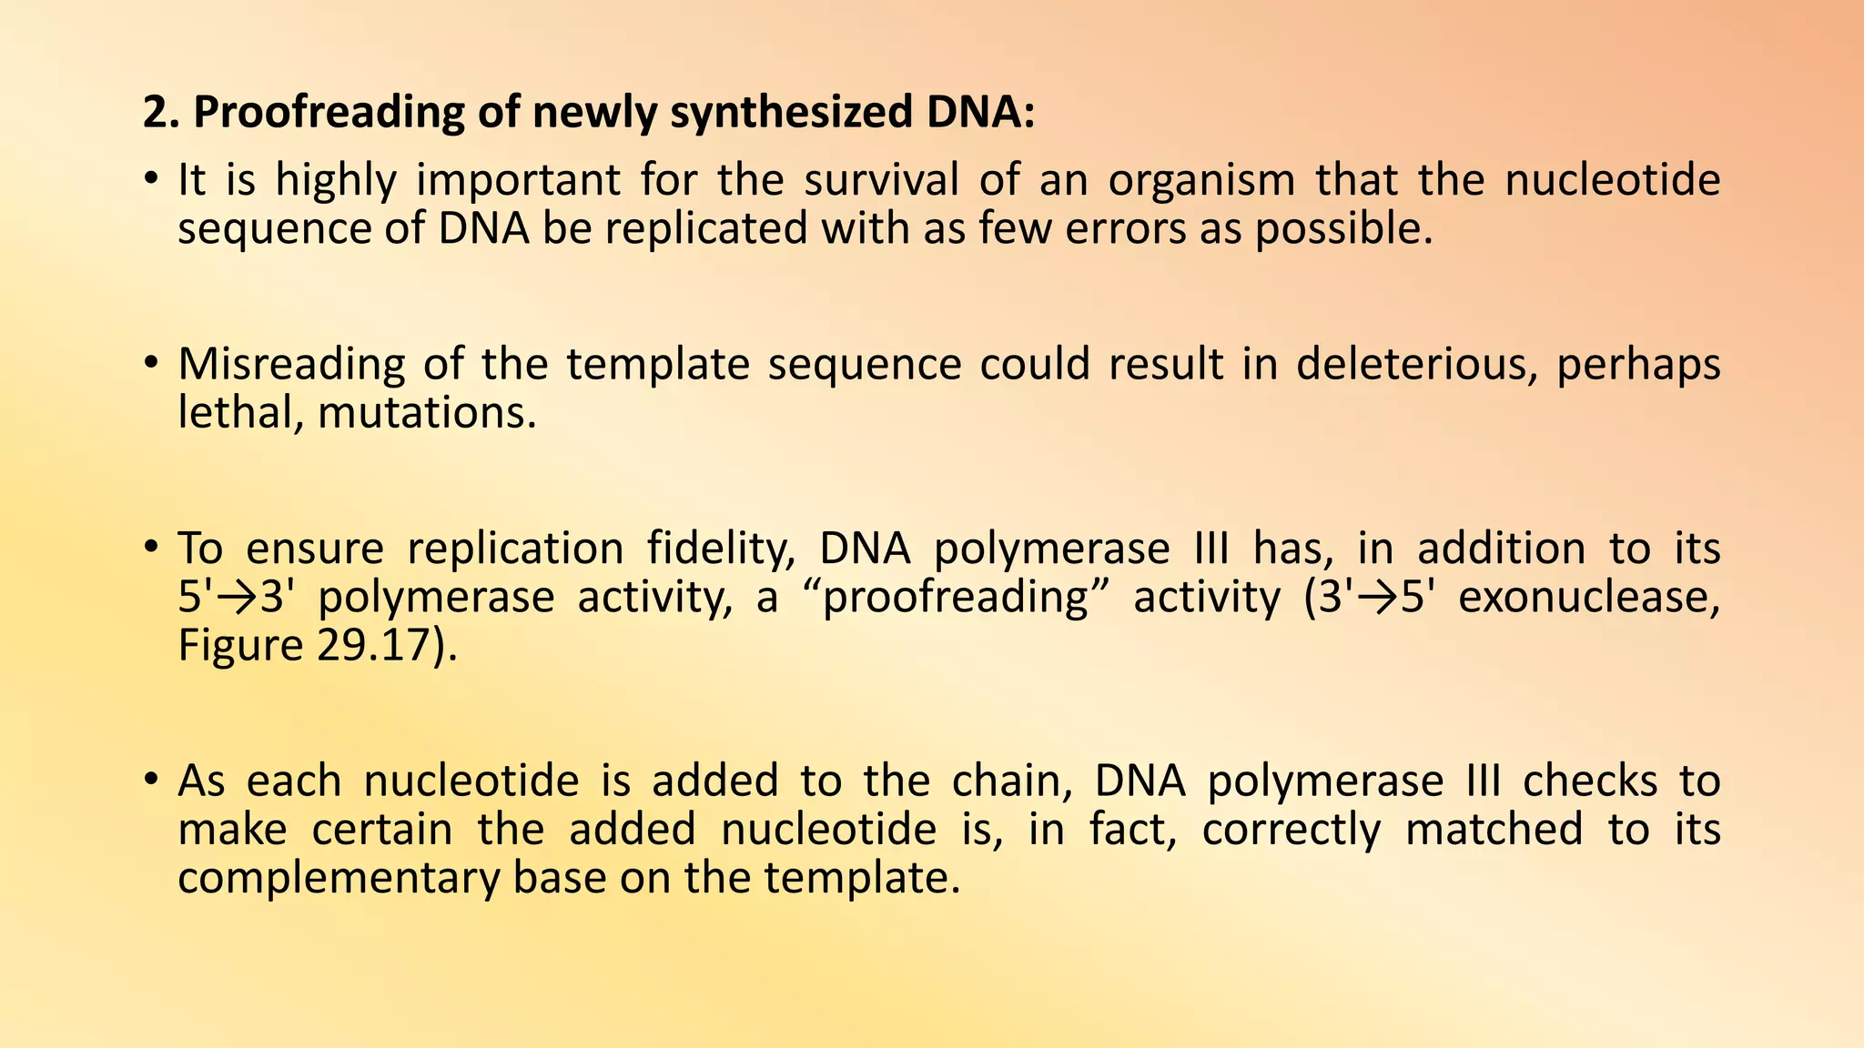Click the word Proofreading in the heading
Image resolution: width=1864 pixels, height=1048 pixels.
click(356, 113)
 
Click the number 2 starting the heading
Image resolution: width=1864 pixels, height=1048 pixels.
click(155, 113)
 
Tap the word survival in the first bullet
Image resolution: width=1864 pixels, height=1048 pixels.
click(881, 179)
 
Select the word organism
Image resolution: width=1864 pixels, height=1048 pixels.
click(1201, 181)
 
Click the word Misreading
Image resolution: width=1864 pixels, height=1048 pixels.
click(291, 365)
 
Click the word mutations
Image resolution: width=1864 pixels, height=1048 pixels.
click(427, 414)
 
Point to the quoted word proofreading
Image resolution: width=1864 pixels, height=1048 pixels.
click(955, 599)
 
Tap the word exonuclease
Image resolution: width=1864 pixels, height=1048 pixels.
click(1589, 598)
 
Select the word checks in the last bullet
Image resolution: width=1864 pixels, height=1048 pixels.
click(1589, 781)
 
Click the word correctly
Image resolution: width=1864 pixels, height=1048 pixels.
click(1291, 830)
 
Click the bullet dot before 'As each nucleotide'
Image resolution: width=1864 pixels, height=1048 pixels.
click(152, 779)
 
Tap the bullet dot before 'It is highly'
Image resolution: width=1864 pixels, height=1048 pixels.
click(152, 178)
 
